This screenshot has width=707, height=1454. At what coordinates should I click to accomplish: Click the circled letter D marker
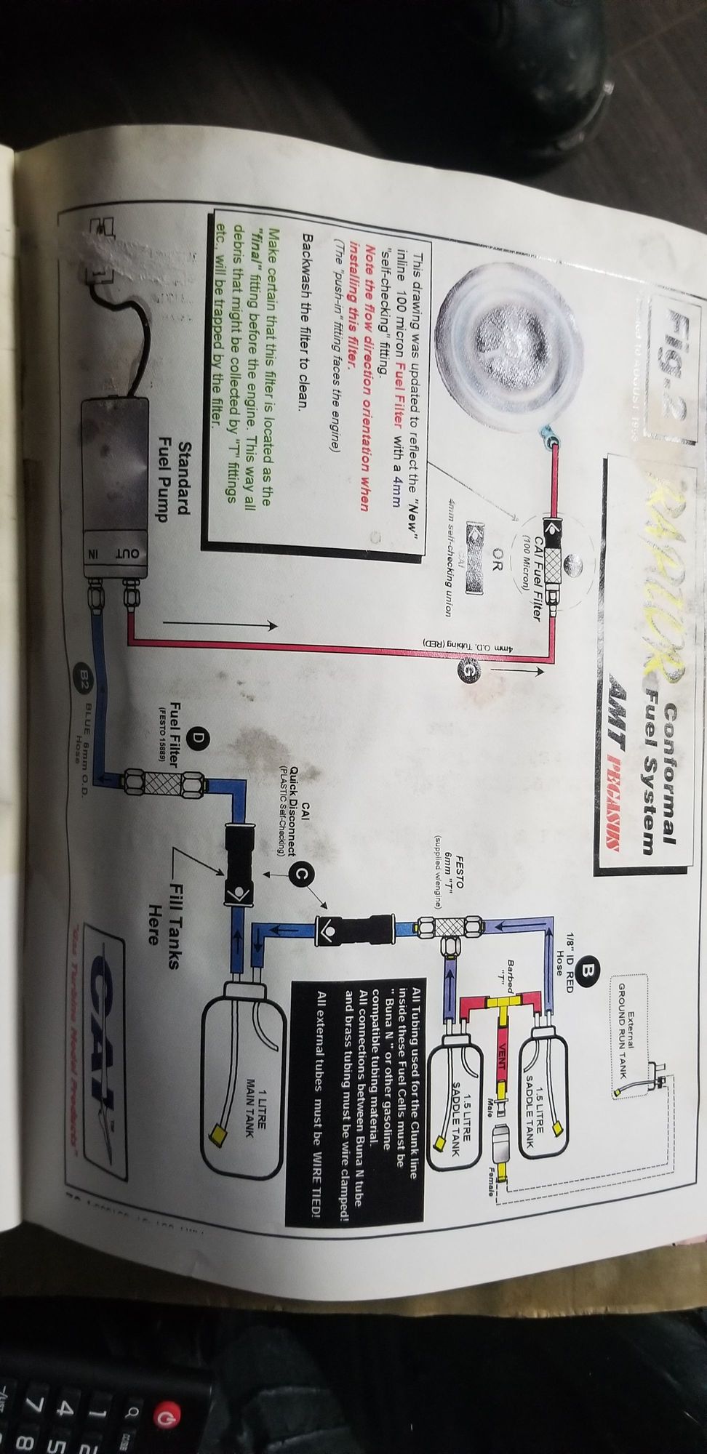click(x=198, y=737)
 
